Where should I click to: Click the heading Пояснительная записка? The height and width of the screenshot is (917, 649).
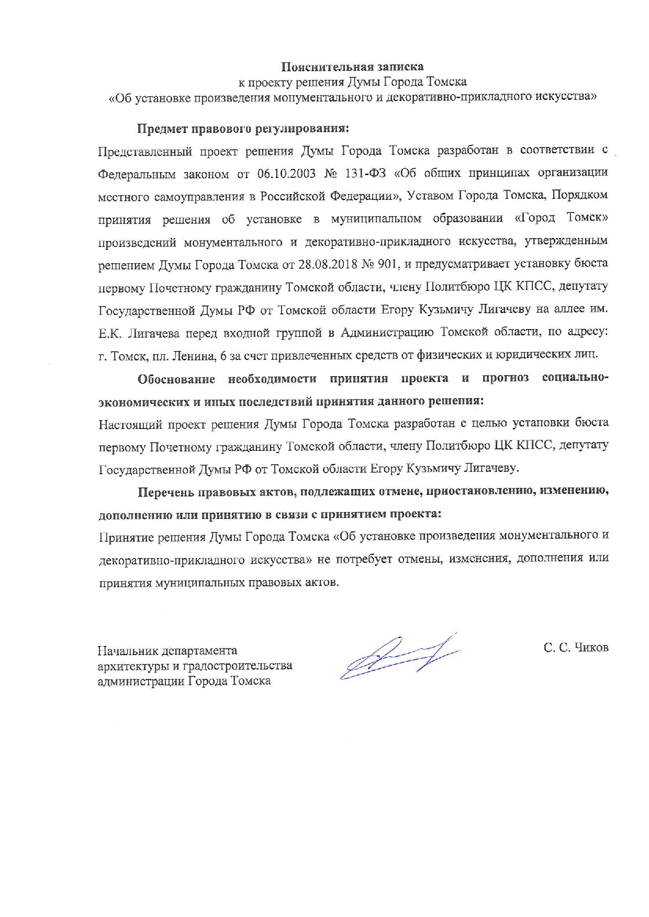pos(352,67)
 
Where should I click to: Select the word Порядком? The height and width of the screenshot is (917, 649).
pos(579,195)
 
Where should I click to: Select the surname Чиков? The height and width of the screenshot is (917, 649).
pos(591,648)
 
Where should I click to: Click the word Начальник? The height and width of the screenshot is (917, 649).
pos(124,651)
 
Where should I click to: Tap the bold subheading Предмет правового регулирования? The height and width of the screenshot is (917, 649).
pos(243,128)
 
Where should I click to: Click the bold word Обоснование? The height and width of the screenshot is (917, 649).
pos(176,379)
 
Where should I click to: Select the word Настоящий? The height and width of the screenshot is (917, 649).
pos(130,424)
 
